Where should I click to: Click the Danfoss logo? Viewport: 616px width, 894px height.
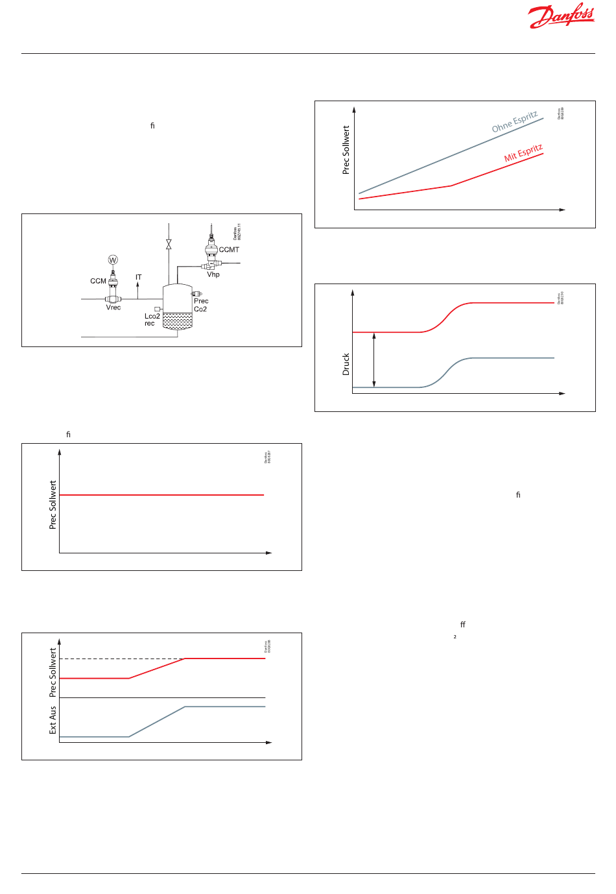(x=562, y=16)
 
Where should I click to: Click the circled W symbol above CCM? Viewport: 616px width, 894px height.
(x=113, y=260)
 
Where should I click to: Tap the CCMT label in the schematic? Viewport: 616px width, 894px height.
(x=229, y=250)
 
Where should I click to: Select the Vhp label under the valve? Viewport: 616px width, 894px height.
(x=213, y=274)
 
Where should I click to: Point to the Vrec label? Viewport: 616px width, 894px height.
(x=113, y=308)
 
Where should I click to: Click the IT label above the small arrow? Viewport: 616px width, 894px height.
(x=138, y=278)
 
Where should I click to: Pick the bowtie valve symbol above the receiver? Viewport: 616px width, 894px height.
(x=169, y=245)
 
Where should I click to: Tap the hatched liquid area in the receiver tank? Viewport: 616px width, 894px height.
(x=177, y=320)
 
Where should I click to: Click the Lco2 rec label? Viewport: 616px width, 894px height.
(x=152, y=320)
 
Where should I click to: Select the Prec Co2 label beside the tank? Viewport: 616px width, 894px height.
(x=201, y=305)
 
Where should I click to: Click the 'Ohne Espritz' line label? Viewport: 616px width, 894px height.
(x=515, y=121)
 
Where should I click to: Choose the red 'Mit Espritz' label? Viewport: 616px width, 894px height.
(x=523, y=153)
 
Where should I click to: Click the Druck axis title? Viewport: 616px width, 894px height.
(x=346, y=364)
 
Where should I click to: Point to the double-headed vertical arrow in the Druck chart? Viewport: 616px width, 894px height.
(x=374, y=360)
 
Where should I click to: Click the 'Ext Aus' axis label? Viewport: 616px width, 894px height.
(x=53, y=720)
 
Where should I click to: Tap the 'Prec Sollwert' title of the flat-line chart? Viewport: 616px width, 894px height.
(x=53, y=505)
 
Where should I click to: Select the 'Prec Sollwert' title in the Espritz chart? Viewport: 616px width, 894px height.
(x=346, y=150)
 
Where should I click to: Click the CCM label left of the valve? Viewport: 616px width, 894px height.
(x=98, y=282)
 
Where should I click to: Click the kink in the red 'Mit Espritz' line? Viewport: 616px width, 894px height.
(x=451, y=186)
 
